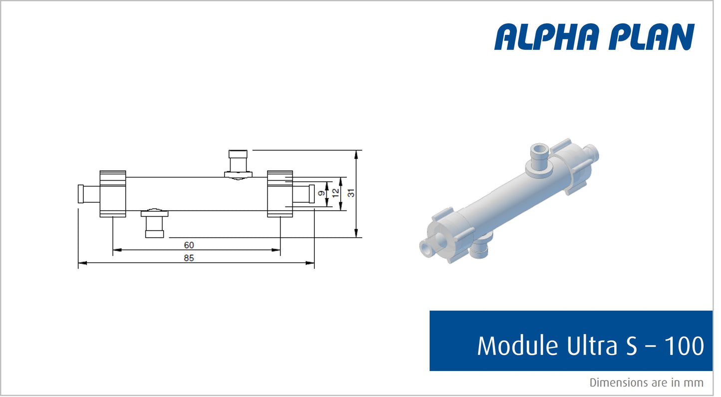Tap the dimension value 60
(x=189, y=245)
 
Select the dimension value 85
(x=189, y=258)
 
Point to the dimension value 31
(x=351, y=193)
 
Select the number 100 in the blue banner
(x=683, y=346)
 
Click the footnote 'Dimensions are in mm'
(x=646, y=383)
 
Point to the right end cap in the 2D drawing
(x=279, y=194)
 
